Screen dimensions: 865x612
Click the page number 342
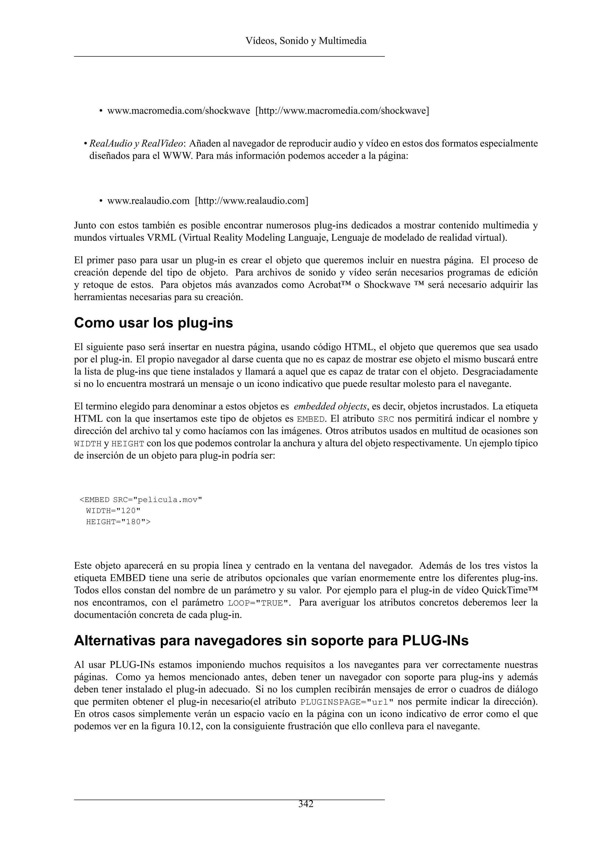tap(306, 804)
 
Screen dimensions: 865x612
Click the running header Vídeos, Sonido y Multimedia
tap(306, 41)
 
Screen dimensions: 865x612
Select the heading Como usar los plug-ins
tap(153, 323)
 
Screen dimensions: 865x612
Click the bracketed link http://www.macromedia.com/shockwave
tap(342, 111)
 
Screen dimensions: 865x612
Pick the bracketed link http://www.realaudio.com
tap(251, 201)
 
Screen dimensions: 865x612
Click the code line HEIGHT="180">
tap(118, 522)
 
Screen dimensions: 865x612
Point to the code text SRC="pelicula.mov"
tap(157, 500)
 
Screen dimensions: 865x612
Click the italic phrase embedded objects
tap(330, 407)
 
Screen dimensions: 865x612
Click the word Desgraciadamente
tap(500, 372)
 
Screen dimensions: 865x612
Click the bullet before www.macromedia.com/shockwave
tap(101, 111)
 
